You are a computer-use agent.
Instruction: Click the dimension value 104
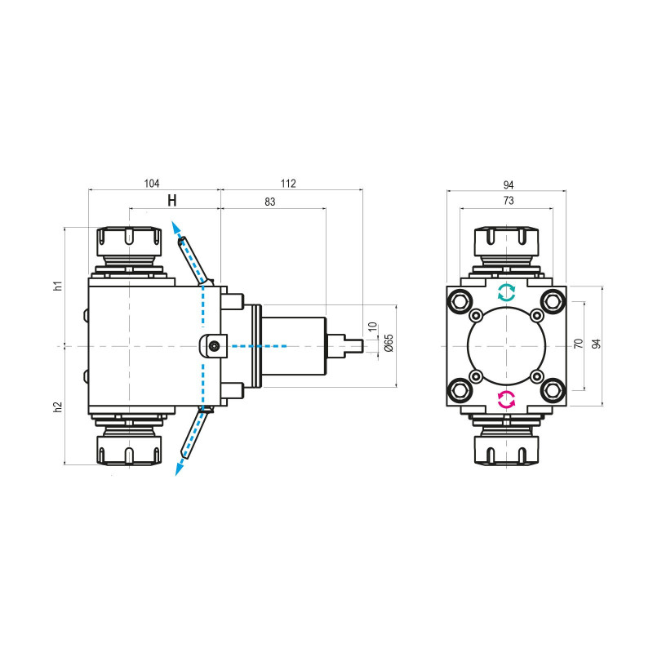(x=152, y=183)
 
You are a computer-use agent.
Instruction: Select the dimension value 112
(x=287, y=183)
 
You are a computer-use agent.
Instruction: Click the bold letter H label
(x=171, y=201)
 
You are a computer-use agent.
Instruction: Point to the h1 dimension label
(x=57, y=286)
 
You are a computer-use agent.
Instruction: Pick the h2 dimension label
(x=57, y=406)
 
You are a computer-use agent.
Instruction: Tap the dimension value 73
(x=507, y=201)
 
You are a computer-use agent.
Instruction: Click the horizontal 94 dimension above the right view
(x=508, y=183)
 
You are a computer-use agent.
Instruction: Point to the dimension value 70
(x=579, y=344)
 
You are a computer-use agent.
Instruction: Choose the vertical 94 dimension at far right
(x=596, y=344)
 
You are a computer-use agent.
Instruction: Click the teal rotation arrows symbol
(x=507, y=292)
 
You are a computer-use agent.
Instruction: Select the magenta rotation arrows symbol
(x=507, y=399)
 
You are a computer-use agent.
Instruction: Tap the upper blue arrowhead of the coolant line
(x=174, y=226)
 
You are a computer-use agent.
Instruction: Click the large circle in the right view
(x=507, y=346)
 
